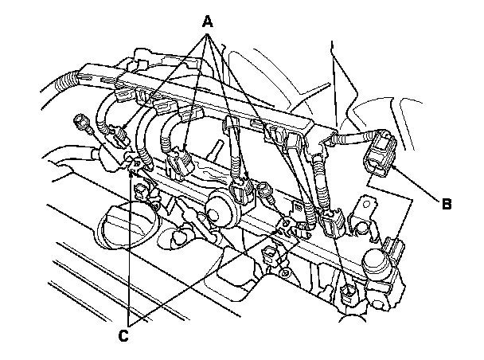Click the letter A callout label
pos(209,22)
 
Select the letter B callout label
pos(447,203)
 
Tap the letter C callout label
pos(123,335)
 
